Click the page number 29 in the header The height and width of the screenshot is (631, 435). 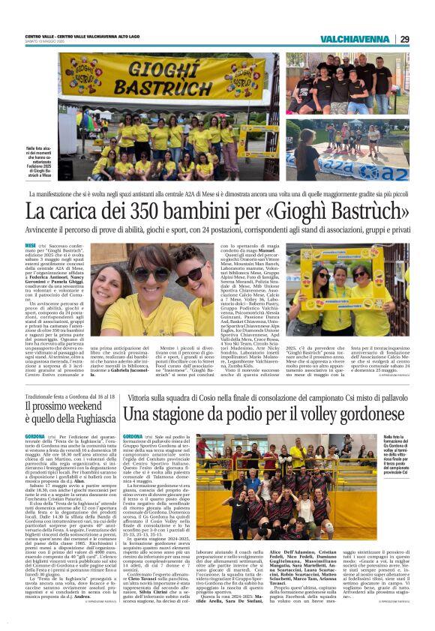tap(404, 39)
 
